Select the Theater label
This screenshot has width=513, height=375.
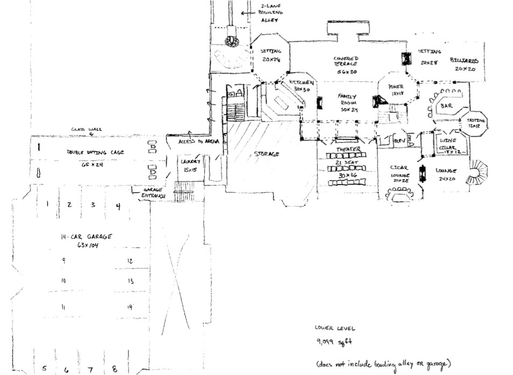coord(348,149)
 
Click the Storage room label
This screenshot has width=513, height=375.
coord(267,154)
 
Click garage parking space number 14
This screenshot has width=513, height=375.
coord(130,307)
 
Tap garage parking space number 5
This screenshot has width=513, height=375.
coord(45,369)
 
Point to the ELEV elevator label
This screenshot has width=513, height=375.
coord(399,141)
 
